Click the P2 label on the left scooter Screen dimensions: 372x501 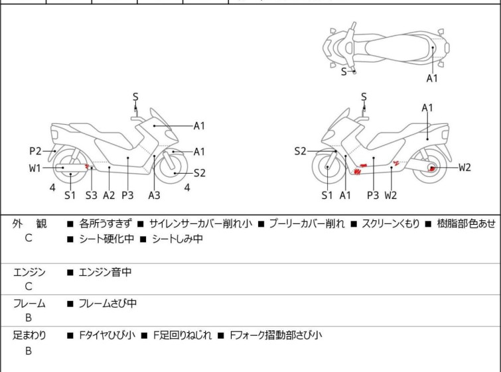35,151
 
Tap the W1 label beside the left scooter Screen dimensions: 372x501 35,168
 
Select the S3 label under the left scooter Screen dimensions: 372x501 92,195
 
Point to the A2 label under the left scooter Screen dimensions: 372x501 109,195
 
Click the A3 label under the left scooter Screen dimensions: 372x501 154,195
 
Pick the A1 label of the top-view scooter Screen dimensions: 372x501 432,78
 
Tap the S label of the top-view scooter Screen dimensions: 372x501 344,72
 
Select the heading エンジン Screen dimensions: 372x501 29,272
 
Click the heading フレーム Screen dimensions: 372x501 29,304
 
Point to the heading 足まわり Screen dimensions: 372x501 29,336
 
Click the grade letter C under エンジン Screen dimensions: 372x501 29,286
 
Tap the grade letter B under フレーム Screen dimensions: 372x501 29,318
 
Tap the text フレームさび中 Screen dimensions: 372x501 107,304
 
